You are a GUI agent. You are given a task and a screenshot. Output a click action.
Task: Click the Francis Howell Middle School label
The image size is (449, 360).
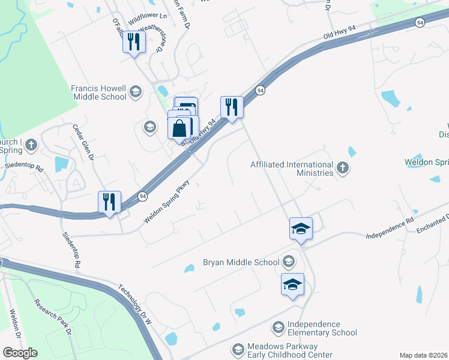pos(99,92)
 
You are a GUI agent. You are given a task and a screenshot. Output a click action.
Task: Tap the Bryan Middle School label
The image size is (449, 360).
pos(241,262)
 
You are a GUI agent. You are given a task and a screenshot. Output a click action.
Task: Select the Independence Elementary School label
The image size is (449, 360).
pos(322,328)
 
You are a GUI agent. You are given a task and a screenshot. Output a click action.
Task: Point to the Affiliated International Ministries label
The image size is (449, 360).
pos(292,169)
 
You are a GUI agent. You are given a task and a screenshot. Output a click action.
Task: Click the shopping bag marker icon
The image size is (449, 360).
pos(180,128)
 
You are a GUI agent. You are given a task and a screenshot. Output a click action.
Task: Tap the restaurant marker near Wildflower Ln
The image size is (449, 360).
pos(134,41)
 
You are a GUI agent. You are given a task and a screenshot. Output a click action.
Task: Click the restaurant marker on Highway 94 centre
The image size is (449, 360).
pos(232,107)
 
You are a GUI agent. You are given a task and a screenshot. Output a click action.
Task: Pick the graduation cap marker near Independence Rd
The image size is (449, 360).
pos(301,228)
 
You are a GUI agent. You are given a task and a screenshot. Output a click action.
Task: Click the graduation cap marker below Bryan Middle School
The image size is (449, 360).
pos(292,284)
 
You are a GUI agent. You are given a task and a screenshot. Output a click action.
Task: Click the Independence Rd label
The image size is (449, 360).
pos(390,229)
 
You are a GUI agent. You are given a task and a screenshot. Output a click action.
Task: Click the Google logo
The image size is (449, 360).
pos(20,353)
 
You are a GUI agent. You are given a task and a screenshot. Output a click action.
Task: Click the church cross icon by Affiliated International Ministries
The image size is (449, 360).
pos(343,168)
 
